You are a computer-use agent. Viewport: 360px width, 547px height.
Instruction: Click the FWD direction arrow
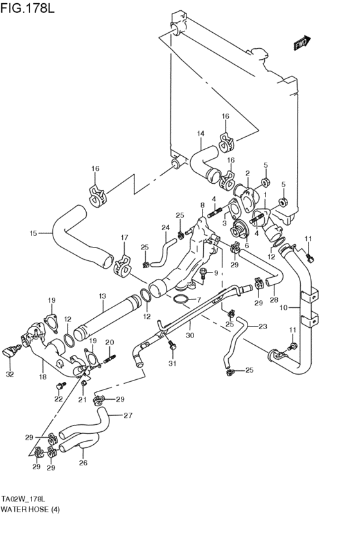point(302,43)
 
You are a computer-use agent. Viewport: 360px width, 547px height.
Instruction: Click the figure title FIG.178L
point(28,8)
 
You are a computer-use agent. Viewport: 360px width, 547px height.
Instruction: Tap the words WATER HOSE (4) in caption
point(30,519)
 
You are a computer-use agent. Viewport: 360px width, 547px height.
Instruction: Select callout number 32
point(10,375)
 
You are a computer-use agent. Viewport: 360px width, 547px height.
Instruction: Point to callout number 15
point(33,233)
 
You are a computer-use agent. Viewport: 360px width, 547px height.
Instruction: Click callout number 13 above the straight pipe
point(102,296)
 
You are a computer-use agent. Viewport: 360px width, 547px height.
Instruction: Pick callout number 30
point(190,336)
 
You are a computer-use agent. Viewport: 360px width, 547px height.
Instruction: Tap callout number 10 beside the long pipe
point(283,308)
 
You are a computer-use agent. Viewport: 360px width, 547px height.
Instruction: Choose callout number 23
point(263,327)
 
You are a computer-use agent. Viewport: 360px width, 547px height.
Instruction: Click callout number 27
point(128,415)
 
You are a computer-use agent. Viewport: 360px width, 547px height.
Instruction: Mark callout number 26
point(83,463)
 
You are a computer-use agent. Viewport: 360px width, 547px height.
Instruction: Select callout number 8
point(203,206)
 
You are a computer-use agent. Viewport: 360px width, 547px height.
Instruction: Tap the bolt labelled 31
point(171,345)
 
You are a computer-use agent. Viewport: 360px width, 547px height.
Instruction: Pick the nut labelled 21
point(84,384)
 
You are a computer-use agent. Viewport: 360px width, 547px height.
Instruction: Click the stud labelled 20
point(109,358)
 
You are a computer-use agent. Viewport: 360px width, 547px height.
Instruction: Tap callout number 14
point(200,133)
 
